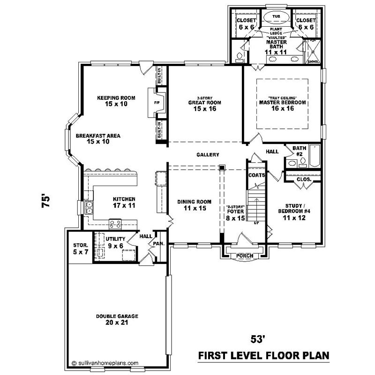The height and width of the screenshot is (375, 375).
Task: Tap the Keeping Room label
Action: (116, 98)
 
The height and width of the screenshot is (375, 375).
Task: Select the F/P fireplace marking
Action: (157, 103)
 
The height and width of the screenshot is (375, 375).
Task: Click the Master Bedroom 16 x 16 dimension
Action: (283, 109)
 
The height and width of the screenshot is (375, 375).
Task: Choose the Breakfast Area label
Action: (98, 136)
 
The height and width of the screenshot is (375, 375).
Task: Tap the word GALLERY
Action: (208, 155)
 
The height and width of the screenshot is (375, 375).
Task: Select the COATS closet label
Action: (257, 175)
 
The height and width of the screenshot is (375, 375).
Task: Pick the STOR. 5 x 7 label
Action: (78, 249)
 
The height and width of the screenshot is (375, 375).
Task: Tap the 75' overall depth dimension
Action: (45, 202)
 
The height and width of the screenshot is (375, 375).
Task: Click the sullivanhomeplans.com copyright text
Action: (105, 362)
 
